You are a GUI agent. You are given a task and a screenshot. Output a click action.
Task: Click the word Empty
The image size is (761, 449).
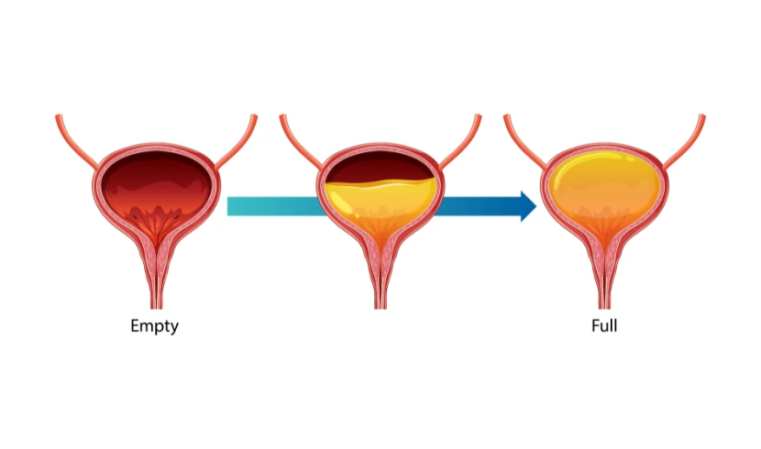click(154, 326)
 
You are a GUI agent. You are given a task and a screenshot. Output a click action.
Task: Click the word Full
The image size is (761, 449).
click(604, 325)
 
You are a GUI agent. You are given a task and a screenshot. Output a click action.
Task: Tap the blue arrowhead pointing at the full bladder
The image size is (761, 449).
click(528, 206)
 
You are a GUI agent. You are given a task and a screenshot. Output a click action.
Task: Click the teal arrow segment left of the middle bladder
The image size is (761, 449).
click(274, 206)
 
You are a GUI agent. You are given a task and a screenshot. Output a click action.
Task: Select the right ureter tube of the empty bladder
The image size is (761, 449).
click(237, 142)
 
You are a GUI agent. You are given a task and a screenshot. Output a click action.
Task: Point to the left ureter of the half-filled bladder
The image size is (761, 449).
click(301, 142)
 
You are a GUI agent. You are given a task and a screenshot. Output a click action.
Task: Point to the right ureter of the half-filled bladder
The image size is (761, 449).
click(460, 142)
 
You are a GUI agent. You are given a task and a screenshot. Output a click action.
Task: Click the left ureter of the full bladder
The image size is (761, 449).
click(525, 142)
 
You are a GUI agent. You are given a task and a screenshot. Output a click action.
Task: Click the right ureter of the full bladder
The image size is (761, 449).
click(685, 142)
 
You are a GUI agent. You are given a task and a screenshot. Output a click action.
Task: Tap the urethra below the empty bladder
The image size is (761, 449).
click(156, 276)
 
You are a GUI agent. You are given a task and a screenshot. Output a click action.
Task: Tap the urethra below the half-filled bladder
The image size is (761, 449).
click(380, 276)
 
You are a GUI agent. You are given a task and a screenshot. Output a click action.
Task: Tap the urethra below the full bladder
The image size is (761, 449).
click(605, 276)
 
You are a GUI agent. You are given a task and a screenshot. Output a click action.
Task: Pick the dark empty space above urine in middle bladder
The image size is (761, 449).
click(379, 168)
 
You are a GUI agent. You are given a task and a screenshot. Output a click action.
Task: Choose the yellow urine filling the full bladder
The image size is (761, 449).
click(605, 192)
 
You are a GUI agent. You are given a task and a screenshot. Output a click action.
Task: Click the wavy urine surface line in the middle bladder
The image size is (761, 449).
click(380, 183)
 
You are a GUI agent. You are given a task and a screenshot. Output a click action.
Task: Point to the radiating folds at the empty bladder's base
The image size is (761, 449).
click(156, 224)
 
